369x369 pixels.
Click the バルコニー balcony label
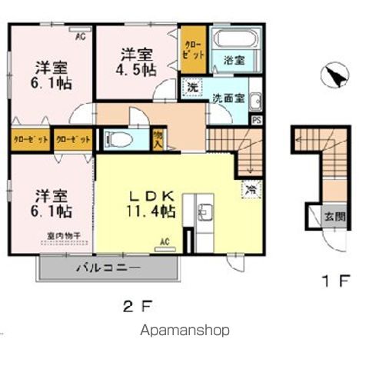point(108,269)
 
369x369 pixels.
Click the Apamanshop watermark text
point(184,331)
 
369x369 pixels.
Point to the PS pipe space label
point(256,120)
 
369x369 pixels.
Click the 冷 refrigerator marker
point(251,188)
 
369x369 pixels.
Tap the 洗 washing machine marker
point(191,88)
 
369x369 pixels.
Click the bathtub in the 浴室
point(234,41)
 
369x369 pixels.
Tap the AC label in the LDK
point(165,241)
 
